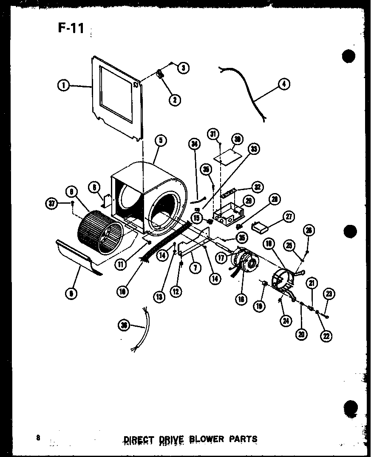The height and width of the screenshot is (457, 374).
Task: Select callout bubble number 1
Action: pyautogui.click(x=63, y=85)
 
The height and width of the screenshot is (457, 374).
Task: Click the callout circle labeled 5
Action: pyautogui.click(x=161, y=141)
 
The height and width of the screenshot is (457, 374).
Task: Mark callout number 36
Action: pyautogui.click(x=124, y=325)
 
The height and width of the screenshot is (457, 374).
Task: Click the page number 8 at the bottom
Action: pyautogui.click(x=38, y=438)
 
